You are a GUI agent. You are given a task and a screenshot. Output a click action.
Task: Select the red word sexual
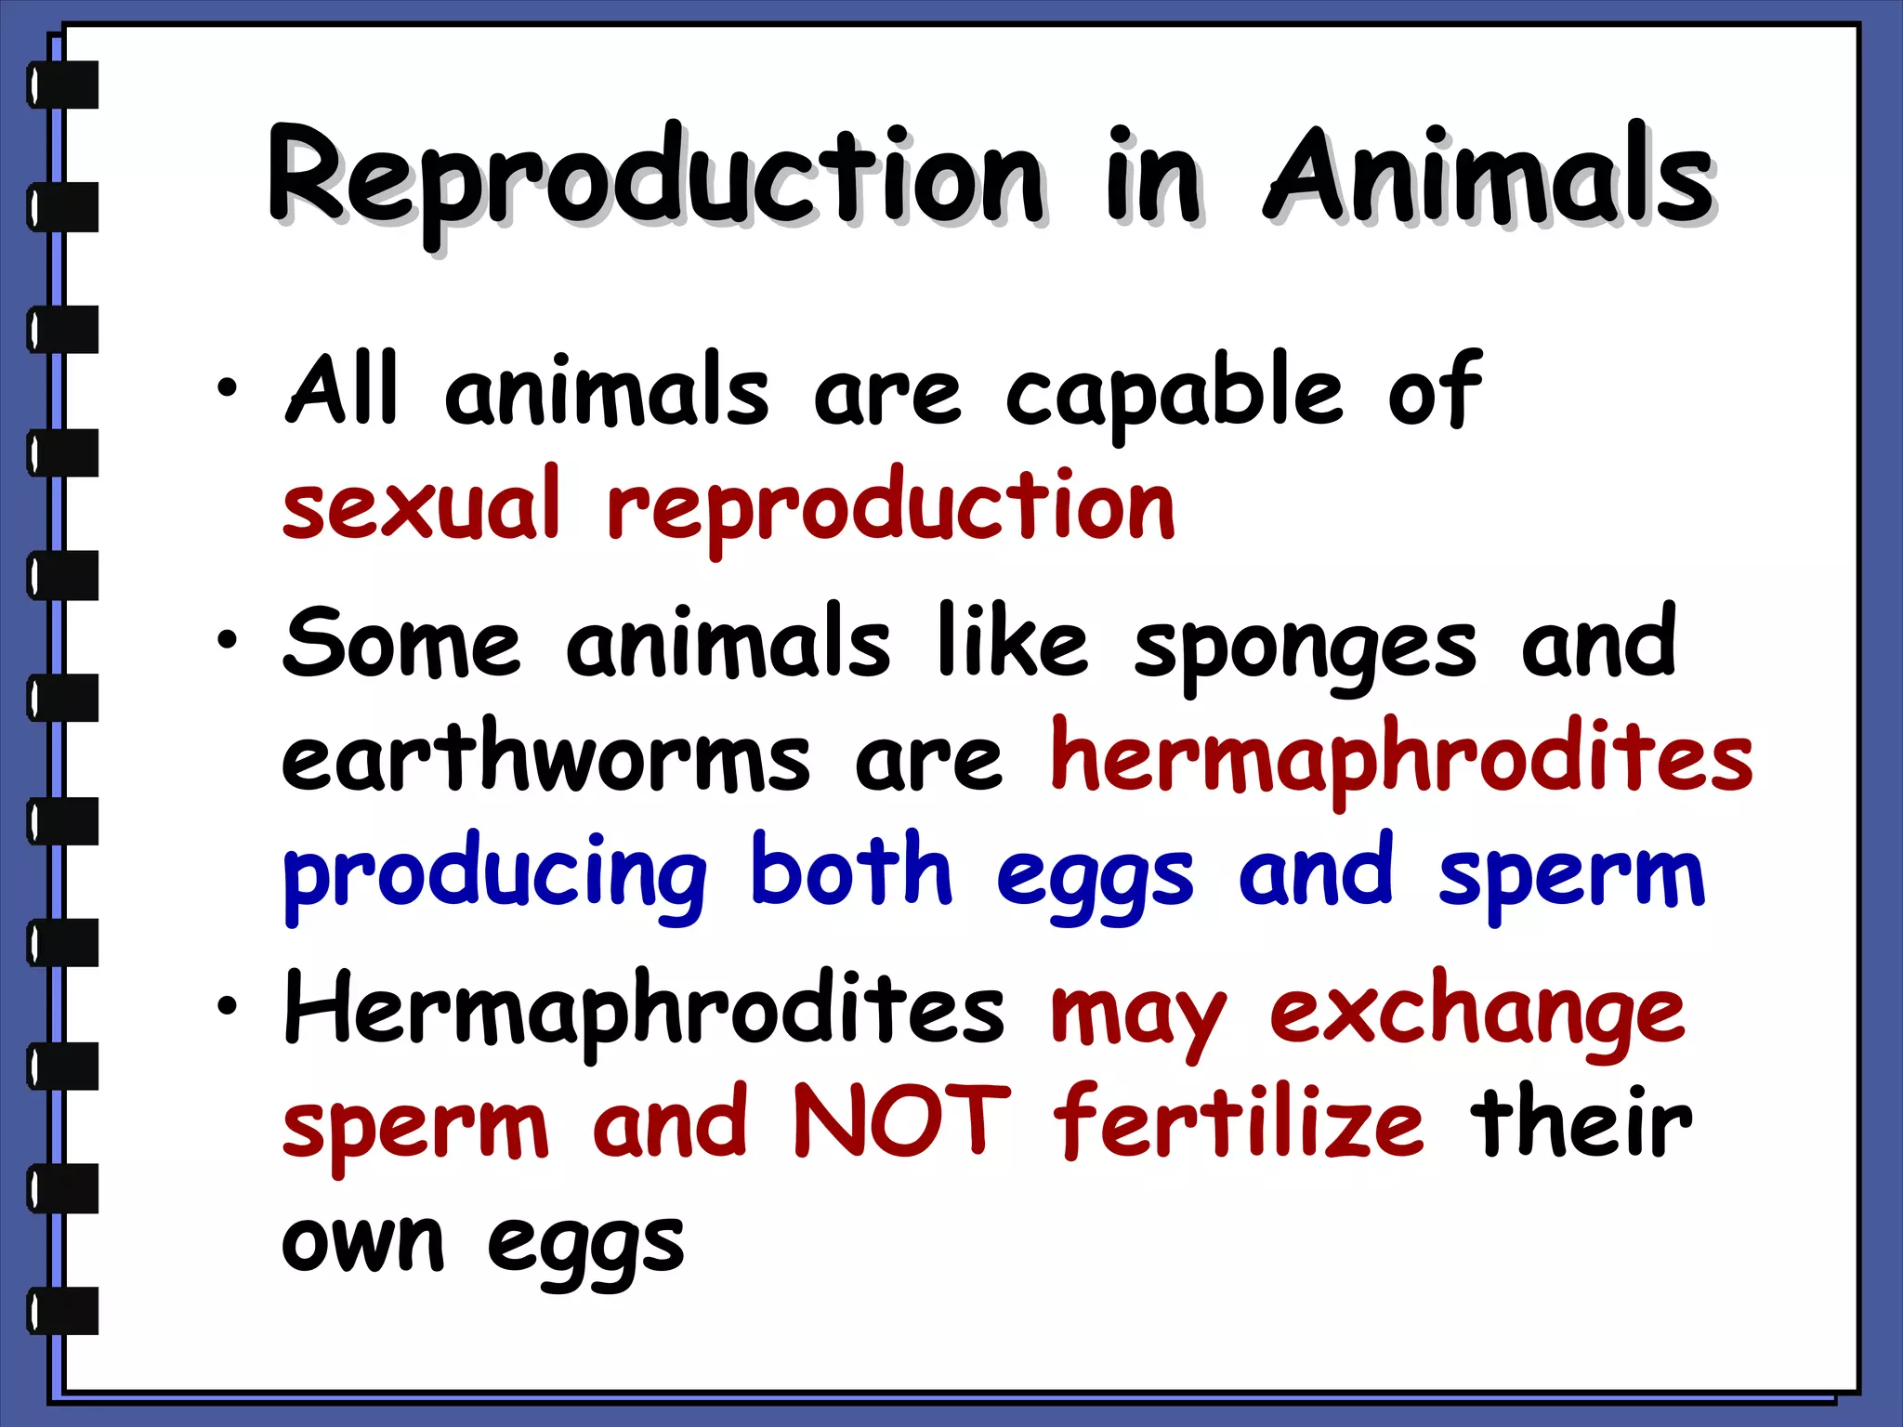click(421, 506)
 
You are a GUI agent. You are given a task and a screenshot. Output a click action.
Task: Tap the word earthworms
click(546, 760)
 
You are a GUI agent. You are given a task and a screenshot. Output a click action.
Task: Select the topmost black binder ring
click(63, 85)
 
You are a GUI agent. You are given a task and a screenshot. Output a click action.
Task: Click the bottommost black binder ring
click(63, 1311)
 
